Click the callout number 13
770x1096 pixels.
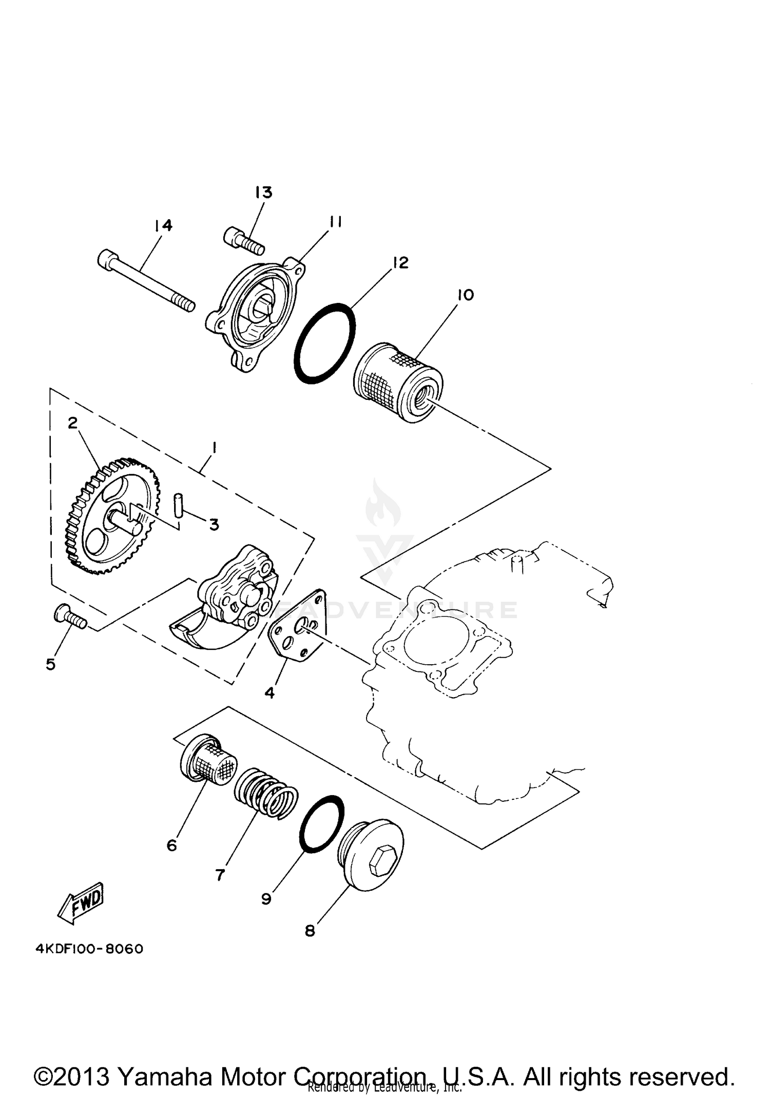(x=263, y=193)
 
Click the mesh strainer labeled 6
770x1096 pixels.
(x=208, y=759)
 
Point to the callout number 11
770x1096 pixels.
(x=336, y=222)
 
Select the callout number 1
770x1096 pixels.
(x=214, y=448)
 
